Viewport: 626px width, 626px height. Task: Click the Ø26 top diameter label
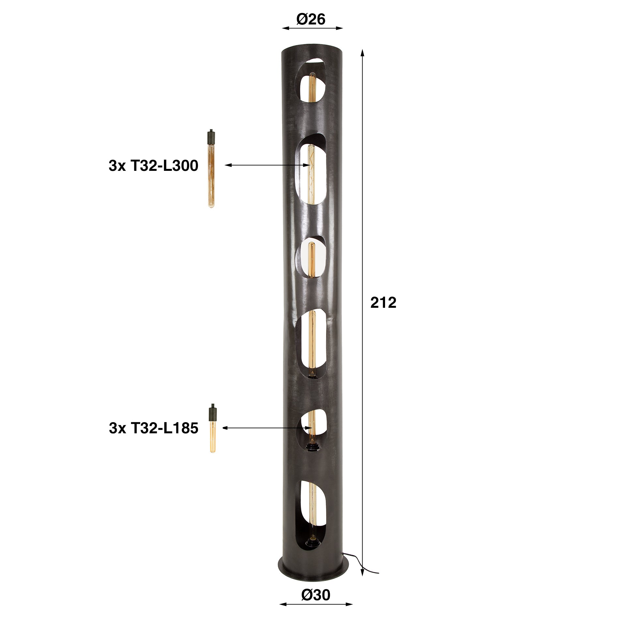pos(311,20)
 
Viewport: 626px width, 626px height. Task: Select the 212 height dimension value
pos(383,303)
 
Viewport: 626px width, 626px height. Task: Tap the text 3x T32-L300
pos(154,166)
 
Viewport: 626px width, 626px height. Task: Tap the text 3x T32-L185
pos(154,428)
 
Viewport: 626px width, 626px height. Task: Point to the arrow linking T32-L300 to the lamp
pos(267,165)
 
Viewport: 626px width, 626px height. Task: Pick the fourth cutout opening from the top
pos(311,346)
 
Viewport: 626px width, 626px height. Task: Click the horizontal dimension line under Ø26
pos(312,28)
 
